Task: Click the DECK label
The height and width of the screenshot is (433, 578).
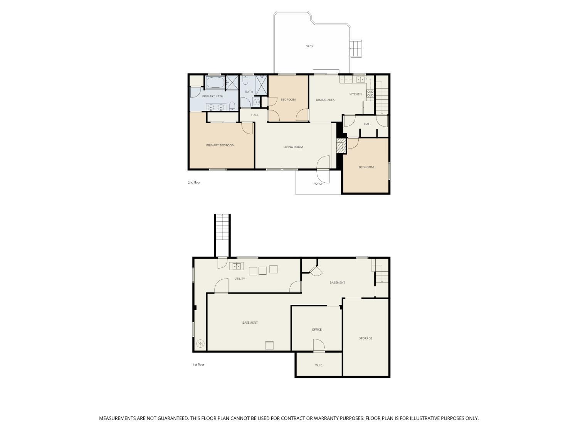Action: point(309,47)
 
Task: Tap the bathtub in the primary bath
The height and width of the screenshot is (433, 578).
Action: point(215,82)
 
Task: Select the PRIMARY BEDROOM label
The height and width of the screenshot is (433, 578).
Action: point(220,145)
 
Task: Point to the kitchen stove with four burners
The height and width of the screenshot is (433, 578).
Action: point(370,93)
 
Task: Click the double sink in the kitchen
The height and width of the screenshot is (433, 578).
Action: point(360,79)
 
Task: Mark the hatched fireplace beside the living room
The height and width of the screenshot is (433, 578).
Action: point(340,146)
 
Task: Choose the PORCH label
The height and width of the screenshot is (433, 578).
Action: point(318,184)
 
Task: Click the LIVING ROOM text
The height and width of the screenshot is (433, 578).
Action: point(293,147)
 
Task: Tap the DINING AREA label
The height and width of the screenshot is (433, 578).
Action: point(325,100)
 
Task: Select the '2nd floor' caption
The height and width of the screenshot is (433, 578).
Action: point(194,182)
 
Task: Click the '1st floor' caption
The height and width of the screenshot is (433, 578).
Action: point(198,364)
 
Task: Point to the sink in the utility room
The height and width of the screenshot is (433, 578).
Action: point(237,266)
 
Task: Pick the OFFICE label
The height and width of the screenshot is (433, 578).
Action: point(316,329)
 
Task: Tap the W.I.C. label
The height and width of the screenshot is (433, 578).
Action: point(319,365)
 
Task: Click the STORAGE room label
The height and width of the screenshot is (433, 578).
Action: point(366,338)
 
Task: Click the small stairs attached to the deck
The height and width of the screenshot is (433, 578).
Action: point(356,48)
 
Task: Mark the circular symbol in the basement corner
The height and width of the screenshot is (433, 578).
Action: point(200,344)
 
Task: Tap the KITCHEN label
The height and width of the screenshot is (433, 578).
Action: point(355,94)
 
